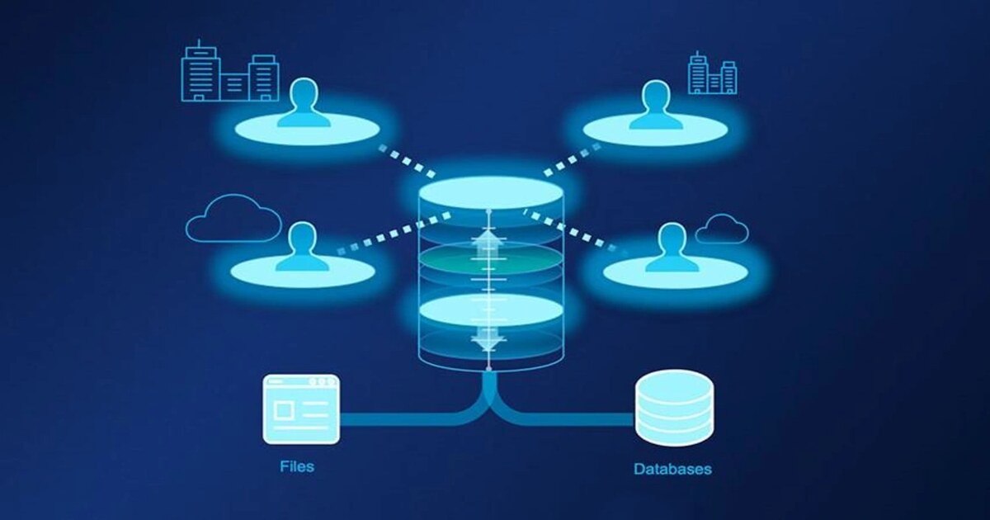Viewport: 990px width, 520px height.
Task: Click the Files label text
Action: tap(296, 466)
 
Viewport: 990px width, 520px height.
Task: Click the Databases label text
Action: tap(672, 469)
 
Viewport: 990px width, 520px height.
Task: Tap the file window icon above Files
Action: tap(301, 409)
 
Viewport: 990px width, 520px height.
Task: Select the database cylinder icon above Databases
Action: tap(673, 407)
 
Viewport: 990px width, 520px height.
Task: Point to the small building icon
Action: tap(712, 73)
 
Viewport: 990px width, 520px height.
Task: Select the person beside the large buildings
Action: tap(304, 105)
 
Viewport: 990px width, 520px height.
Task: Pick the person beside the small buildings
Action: tap(657, 106)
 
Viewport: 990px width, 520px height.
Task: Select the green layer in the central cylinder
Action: tap(491, 264)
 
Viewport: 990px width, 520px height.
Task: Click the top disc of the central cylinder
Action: tap(491, 192)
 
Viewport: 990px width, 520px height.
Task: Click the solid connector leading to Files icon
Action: tap(404, 418)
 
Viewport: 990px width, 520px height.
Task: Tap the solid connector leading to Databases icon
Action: tap(577, 418)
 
